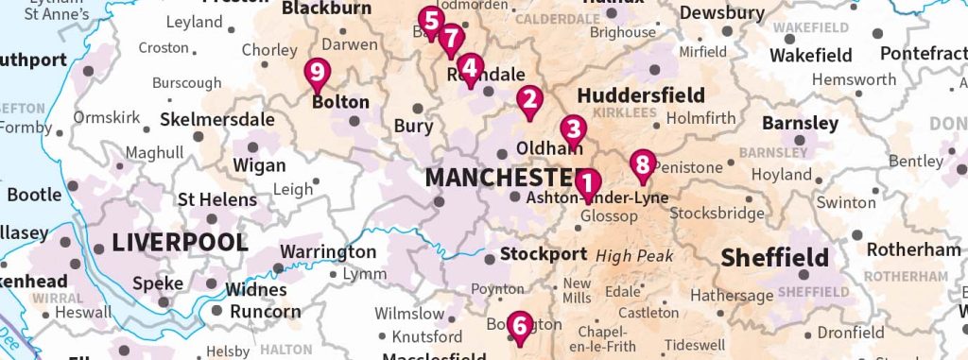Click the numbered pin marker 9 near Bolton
[x=318, y=72]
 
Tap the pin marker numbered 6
[x=517, y=324]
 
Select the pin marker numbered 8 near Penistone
[x=643, y=165]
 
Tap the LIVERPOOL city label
[x=180, y=242]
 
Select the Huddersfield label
[x=640, y=95]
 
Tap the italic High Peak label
[x=633, y=256]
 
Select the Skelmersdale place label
[x=216, y=120]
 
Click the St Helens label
[x=216, y=199]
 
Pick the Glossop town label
[x=606, y=215]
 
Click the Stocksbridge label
[x=717, y=213]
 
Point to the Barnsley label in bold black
[x=800, y=124]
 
